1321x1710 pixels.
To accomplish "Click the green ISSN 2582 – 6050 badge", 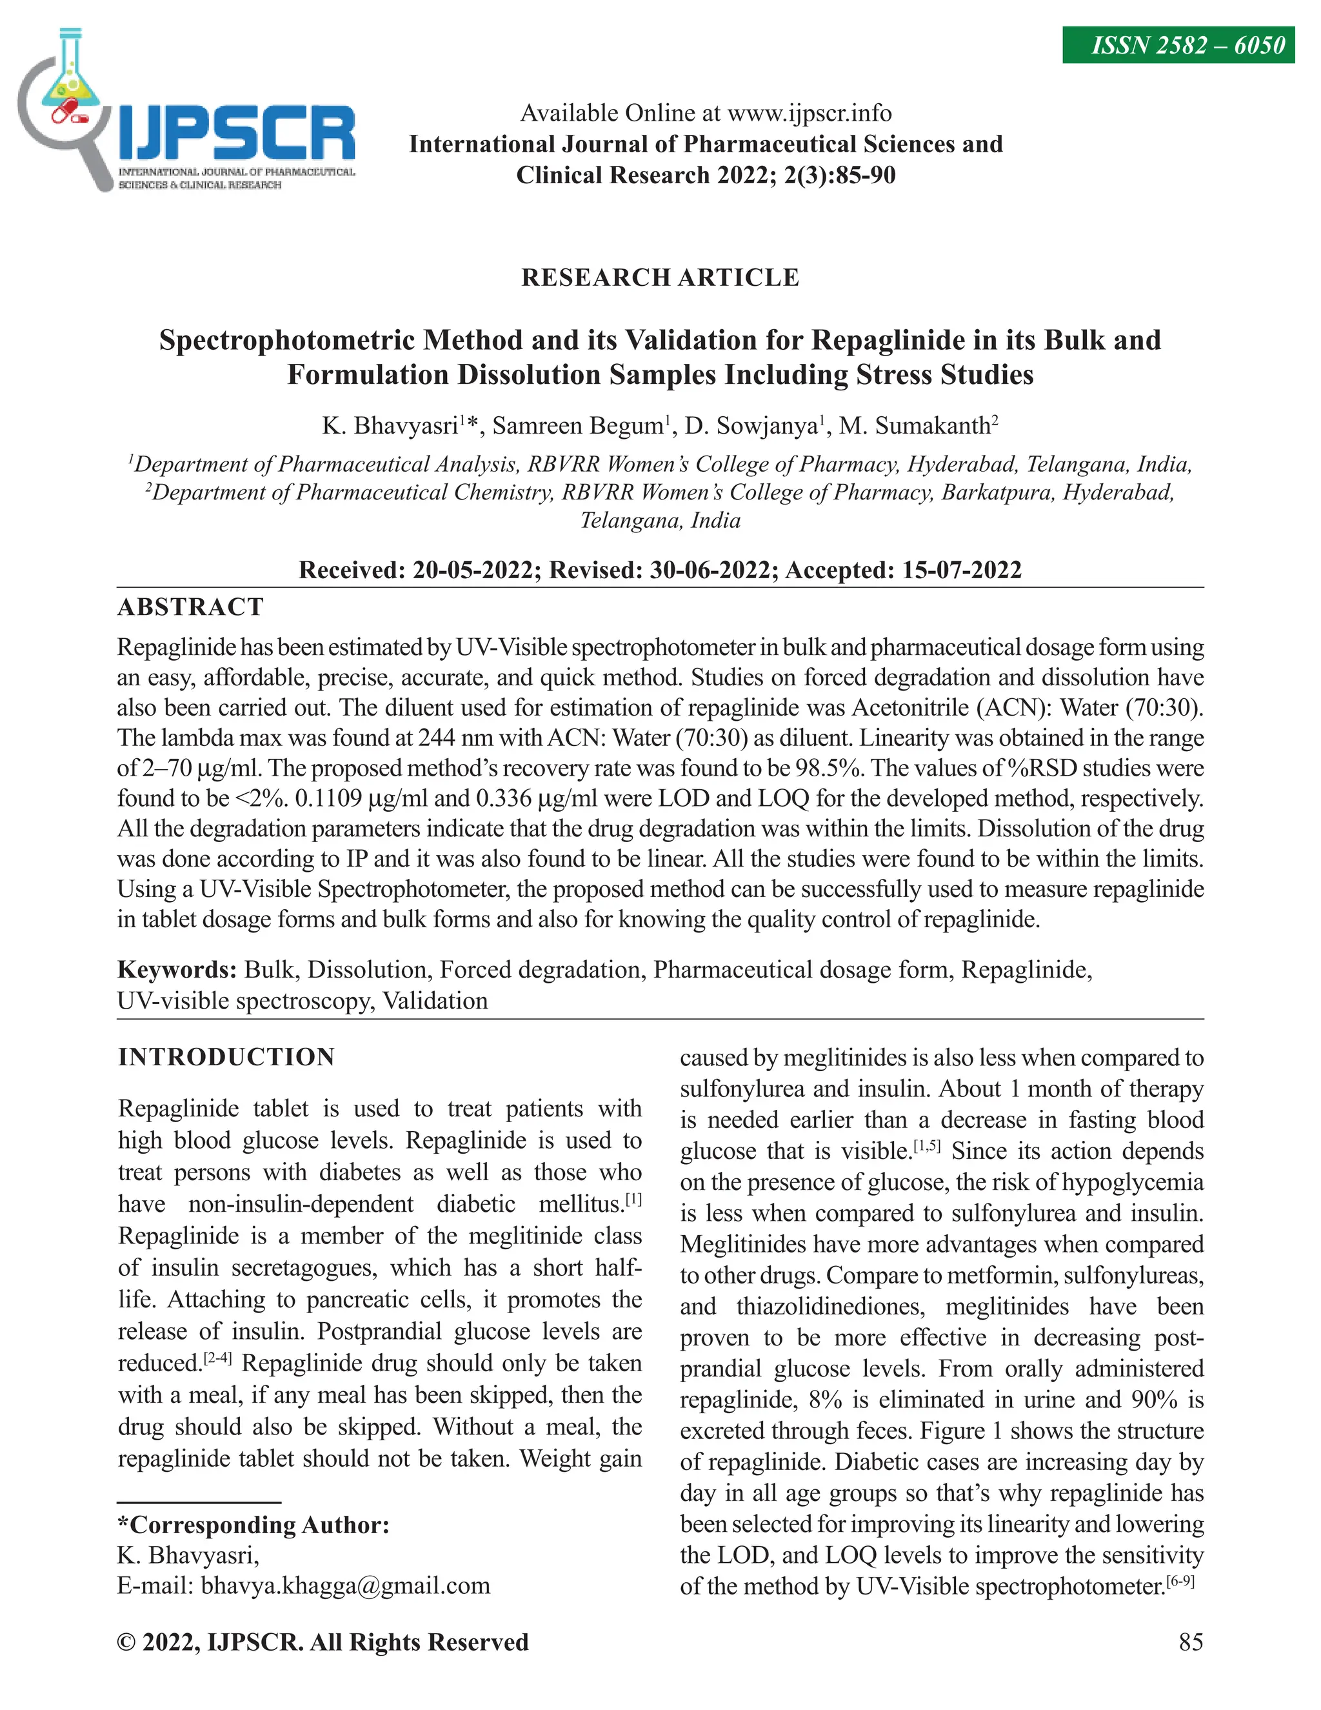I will [x=1178, y=45].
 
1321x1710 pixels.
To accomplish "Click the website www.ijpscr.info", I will [x=809, y=114].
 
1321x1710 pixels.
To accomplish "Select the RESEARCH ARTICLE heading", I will [x=660, y=277].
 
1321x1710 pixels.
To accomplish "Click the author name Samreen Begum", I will [x=577, y=426].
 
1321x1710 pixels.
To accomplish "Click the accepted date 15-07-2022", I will [x=962, y=569].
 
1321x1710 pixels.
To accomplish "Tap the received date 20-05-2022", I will [x=473, y=569].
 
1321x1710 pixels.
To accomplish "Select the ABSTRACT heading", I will [x=190, y=607].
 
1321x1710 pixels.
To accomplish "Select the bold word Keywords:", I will [x=177, y=970].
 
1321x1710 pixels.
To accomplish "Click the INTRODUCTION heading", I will [x=226, y=1057].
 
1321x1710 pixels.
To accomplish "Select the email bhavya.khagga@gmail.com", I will [x=345, y=1586].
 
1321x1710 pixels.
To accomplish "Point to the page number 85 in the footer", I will [x=1190, y=1642].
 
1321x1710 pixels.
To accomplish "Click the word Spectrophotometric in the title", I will [x=286, y=340].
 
